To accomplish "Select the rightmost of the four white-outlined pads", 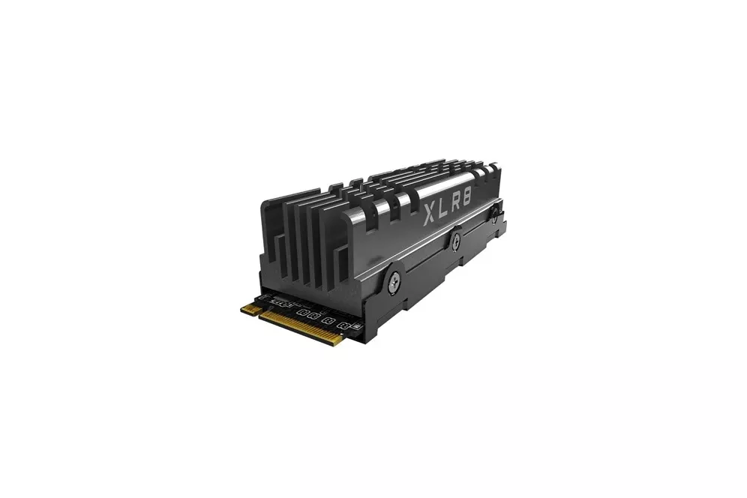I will click(344, 326).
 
